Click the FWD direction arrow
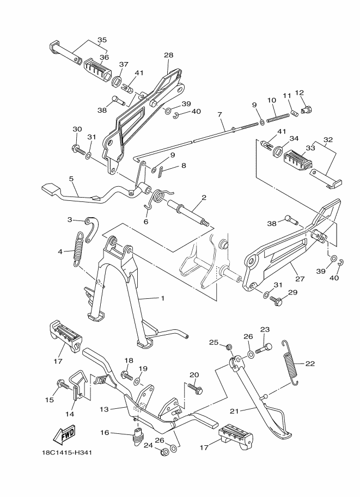coord(64,435)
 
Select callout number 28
coord(168,55)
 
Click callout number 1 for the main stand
coord(162,298)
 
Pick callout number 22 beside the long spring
coord(310,363)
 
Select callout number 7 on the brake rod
coord(219,115)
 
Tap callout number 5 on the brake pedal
coord(71,178)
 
